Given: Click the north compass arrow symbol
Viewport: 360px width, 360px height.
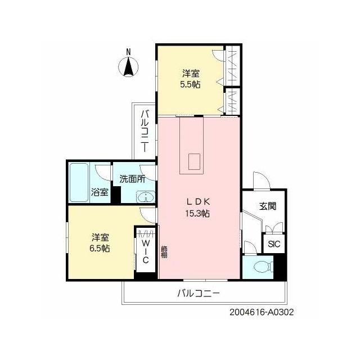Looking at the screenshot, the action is coord(128,67).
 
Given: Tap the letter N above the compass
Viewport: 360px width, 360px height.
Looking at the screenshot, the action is coord(129,52).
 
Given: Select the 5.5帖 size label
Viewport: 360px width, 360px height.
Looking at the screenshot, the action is coord(190,85).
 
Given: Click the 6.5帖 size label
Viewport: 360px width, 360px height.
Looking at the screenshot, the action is coord(100,249).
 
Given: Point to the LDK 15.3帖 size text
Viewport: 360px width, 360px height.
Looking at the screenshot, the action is coord(197,214).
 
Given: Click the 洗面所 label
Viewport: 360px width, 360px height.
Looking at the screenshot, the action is coord(132,179).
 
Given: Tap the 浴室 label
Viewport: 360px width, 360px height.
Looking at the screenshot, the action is coord(100,192).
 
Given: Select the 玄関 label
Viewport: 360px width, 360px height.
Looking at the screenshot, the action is coord(268,206).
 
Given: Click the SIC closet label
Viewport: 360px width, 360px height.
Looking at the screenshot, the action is coord(274,244).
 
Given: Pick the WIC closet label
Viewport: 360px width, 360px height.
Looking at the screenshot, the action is coord(145,251).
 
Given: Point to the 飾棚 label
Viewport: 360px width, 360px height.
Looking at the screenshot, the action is coord(164,252).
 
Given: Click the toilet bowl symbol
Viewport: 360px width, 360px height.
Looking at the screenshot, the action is coord(263,267).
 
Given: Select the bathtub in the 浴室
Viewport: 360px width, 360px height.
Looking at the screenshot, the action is coord(79,182).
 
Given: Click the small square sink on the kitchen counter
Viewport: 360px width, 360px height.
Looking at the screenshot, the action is coord(194,161).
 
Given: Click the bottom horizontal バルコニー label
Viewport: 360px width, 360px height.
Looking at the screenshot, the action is coord(199,293).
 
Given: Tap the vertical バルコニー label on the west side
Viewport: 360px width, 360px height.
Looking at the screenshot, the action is coord(145,131).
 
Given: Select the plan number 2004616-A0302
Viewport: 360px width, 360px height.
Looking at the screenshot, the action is coord(262,312).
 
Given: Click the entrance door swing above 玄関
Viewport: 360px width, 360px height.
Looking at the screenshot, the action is coord(261,180).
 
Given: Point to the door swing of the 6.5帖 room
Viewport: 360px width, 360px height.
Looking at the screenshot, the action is coord(147,215).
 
